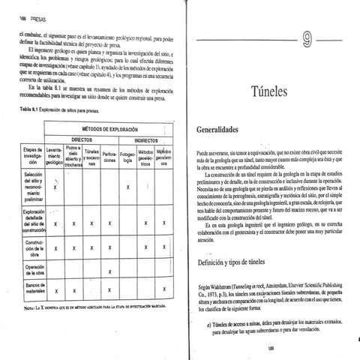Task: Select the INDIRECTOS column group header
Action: click(145, 139)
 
